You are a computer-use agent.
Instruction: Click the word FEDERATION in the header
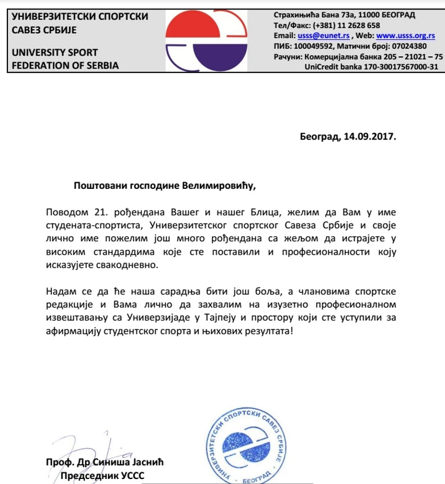(x=41, y=65)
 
